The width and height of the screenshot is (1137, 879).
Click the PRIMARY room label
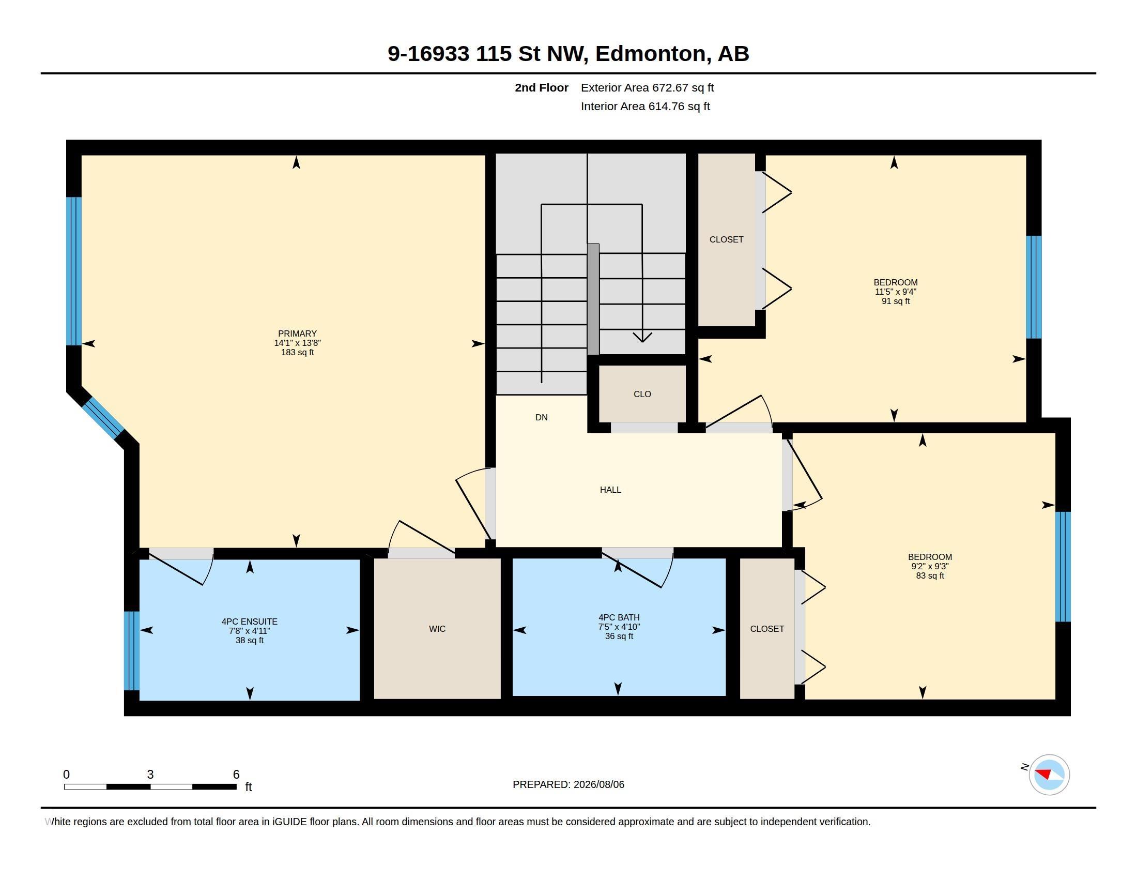click(297, 334)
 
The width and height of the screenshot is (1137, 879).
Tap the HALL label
click(610, 490)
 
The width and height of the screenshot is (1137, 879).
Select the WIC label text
click(437, 629)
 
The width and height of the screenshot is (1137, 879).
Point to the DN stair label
click(542, 417)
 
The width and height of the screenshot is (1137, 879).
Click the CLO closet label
click(642, 393)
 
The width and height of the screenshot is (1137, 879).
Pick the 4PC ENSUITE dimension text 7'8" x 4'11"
click(250, 631)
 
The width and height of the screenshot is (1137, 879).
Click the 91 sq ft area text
click(896, 301)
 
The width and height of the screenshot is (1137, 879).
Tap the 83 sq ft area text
click(930, 575)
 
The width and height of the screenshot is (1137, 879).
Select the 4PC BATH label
click(619, 617)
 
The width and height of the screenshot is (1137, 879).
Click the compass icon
click(1049, 775)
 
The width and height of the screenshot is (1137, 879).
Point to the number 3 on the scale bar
click(150, 775)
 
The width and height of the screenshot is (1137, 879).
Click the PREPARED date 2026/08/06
click(598, 784)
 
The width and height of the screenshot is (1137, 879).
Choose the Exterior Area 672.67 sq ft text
click(647, 87)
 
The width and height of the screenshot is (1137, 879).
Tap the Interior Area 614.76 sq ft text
click(645, 106)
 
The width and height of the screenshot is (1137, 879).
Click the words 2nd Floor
click(542, 87)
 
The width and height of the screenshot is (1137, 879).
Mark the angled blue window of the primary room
click(103, 417)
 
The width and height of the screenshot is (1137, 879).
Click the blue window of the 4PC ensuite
click(132, 650)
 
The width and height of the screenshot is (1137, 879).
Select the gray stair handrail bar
click(593, 299)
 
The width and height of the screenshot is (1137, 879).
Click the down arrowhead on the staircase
click(642, 337)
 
